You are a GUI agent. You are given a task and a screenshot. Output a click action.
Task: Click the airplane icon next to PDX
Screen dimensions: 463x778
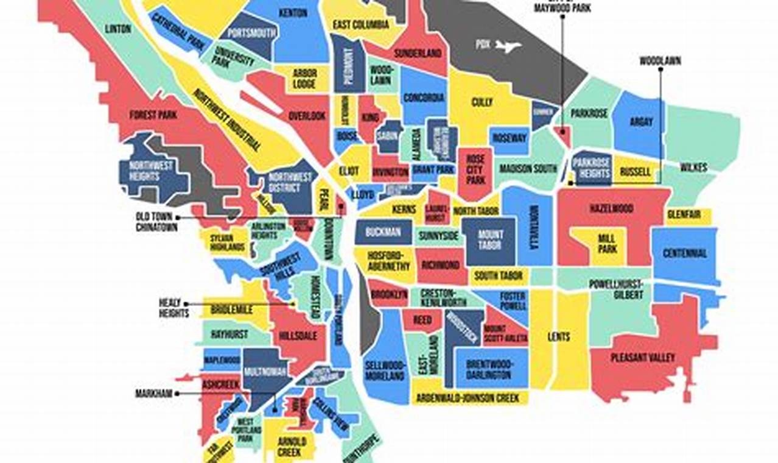pyautogui.click(x=508, y=46)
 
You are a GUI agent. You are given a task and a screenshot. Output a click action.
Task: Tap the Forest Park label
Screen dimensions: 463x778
pyautogui.click(x=153, y=115)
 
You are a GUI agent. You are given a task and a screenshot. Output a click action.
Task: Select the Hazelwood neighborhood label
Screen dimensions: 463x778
pyautogui.click(x=611, y=209)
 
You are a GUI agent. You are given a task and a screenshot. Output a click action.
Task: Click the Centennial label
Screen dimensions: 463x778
pyautogui.click(x=685, y=253)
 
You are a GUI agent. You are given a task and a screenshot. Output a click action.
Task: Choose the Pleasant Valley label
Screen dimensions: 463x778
pyautogui.click(x=642, y=358)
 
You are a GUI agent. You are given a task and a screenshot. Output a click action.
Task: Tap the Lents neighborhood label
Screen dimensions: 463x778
pyautogui.click(x=559, y=337)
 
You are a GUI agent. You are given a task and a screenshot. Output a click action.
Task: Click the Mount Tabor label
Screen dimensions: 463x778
pyautogui.click(x=490, y=239)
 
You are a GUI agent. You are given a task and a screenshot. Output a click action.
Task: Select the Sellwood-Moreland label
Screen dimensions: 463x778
pyautogui.click(x=385, y=370)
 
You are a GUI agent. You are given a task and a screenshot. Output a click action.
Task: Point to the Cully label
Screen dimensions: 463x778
pyautogui.click(x=482, y=102)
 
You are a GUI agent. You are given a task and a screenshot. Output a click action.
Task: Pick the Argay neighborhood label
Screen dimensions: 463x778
pyautogui.click(x=640, y=122)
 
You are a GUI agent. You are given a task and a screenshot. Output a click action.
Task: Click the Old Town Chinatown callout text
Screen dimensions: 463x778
pyautogui.click(x=156, y=222)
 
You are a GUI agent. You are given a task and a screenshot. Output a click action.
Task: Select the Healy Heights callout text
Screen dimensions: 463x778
pyautogui.click(x=174, y=308)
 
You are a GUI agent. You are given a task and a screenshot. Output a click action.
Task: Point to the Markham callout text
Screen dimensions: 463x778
pyautogui.click(x=154, y=394)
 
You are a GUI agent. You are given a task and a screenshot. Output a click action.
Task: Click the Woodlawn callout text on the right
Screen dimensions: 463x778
pyautogui.click(x=660, y=61)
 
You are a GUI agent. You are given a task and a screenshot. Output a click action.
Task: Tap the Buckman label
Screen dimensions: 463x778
pyautogui.click(x=383, y=232)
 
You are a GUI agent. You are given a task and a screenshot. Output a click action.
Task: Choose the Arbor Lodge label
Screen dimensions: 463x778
pyautogui.click(x=303, y=79)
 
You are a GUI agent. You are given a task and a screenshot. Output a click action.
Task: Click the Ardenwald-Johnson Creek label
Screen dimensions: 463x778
pyautogui.click(x=468, y=398)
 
